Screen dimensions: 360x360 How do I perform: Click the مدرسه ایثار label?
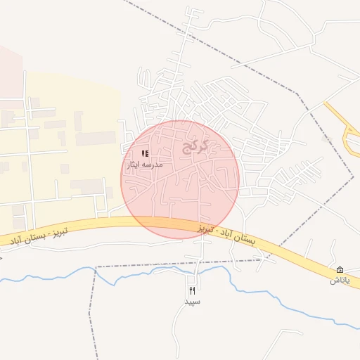pyautogui.click(x=144, y=164)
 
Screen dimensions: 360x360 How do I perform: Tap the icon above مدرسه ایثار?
pyautogui.click(x=145, y=153)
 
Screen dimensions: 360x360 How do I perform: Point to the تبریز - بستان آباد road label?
pyautogui.click(x=39, y=236)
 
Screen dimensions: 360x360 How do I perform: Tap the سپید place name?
pyautogui.click(x=193, y=302)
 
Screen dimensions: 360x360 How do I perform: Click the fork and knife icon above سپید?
pyautogui.click(x=193, y=290)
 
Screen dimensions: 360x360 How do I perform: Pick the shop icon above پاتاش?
pyautogui.click(x=340, y=270)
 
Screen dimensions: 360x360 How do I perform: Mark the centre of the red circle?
pyautogui.click(x=180, y=179)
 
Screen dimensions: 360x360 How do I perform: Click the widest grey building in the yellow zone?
pyautogui.click(x=96, y=138)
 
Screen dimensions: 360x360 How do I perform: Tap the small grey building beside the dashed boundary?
pyautogui.click(x=326, y=139)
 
